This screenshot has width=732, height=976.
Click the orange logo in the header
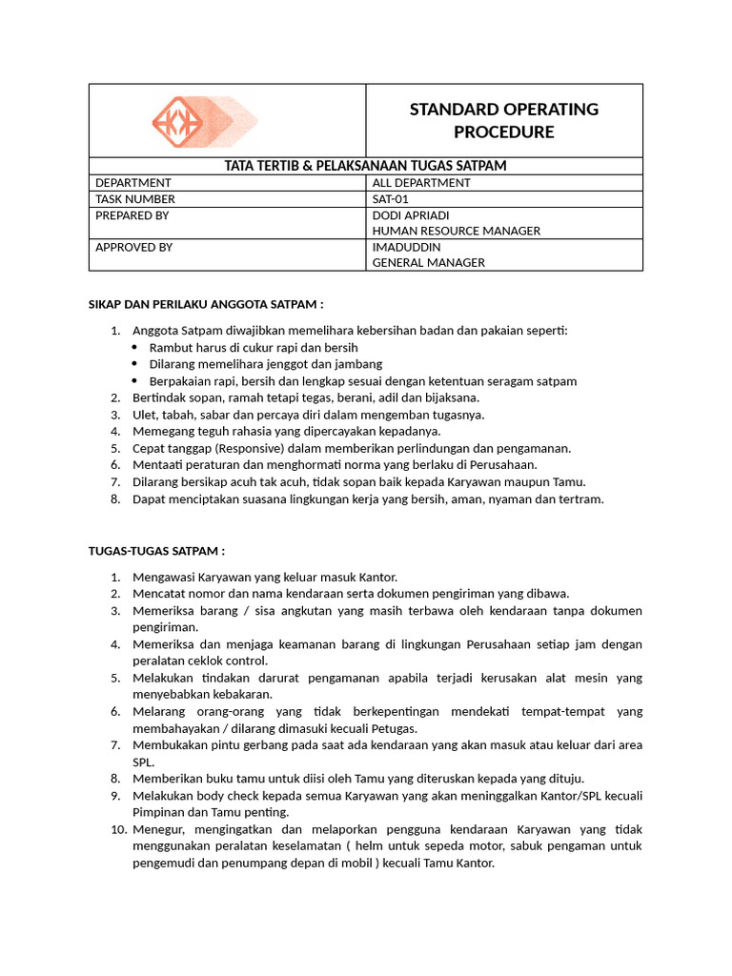[191, 121]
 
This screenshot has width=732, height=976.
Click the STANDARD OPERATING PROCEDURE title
[503, 120]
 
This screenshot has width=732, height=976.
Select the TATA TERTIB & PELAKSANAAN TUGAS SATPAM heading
[365, 166]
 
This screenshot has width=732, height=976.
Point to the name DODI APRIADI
[411, 215]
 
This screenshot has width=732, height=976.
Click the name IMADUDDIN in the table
[406, 247]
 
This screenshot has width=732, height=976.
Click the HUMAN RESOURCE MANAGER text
[456, 231]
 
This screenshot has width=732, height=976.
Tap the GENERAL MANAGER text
[428, 263]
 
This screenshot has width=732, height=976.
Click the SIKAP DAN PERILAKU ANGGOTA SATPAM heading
[206, 304]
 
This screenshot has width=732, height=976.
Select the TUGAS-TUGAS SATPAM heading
[156, 551]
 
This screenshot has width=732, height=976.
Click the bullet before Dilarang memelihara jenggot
[134, 364]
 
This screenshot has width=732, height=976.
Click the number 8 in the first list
[114, 498]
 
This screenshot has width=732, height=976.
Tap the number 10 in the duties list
[117, 830]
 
